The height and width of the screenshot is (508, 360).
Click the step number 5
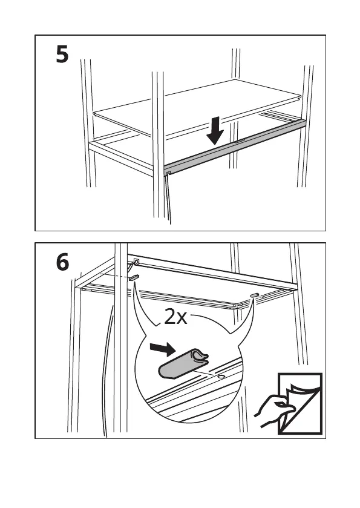[62, 54]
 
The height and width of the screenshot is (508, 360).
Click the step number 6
[62, 262]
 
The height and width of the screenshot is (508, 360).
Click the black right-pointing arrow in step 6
[163, 349]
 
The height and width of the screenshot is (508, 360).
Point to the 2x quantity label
[175, 317]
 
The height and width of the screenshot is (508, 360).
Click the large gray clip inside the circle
[183, 365]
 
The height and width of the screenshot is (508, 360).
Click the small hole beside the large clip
[221, 377]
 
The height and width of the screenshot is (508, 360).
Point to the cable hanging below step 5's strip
[169, 200]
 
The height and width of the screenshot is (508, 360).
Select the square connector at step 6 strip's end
[137, 260]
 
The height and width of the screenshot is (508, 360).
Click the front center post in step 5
[159, 144]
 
